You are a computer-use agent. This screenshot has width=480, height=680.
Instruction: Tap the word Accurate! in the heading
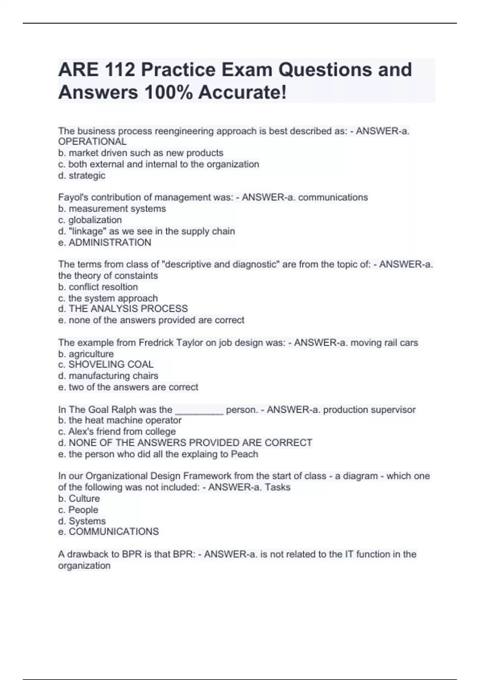(x=242, y=92)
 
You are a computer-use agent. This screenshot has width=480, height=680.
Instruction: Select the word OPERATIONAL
(x=92, y=142)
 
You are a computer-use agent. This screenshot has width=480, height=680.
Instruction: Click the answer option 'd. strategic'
(x=82, y=175)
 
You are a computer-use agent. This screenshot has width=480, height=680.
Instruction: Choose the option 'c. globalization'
(x=90, y=220)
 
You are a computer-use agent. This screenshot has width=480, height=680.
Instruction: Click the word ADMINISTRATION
(x=110, y=242)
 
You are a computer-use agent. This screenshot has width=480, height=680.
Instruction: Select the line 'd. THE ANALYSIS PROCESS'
(x=123, y=308)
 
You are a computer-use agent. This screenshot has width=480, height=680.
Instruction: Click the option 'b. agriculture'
(x=86, y=354)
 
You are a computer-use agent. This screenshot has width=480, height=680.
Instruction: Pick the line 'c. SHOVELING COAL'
(x=106, y=364)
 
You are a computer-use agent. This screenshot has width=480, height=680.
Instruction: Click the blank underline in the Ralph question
(x=199, y=410)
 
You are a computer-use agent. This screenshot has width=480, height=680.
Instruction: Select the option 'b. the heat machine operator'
(x=120, y=420)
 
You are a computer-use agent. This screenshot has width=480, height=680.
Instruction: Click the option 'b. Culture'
(x=79, y=498)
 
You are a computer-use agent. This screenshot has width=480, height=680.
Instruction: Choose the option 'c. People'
(x=78, y=510)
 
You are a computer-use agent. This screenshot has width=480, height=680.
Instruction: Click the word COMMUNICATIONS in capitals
(x=114, y=532)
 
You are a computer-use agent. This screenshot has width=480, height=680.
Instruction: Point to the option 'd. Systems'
(x=82, y=521)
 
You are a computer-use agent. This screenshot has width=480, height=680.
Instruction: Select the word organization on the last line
(x=84, y=566)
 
